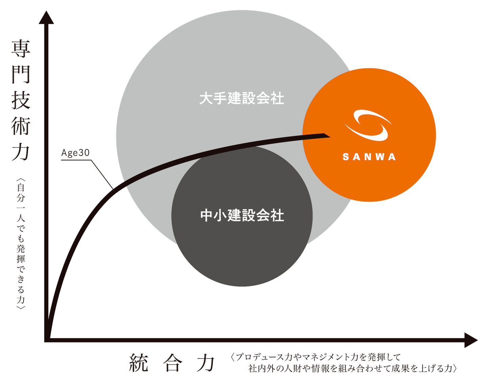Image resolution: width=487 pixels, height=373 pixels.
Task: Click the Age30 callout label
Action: click(x=75, y=153)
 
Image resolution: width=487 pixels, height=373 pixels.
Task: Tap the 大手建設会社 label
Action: click(x=241, y=98)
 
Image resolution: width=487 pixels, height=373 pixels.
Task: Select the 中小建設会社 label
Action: click(x=242, y=215)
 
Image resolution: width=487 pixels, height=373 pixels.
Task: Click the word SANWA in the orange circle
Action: click(x=369, y=157)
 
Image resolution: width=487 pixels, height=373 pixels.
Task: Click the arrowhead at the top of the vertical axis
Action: click(x=46, y=17)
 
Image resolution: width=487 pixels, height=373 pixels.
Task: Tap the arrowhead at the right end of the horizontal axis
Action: click(x=471, y=340)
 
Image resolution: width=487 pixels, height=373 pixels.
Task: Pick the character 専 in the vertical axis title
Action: click(x=21, y=49)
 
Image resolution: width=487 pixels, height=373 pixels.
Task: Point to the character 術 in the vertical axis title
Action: click(x=21, y=126)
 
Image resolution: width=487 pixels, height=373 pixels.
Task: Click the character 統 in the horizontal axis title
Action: click(x=139, y=363)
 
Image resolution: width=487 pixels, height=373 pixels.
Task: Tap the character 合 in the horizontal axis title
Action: click(x=172, y=363)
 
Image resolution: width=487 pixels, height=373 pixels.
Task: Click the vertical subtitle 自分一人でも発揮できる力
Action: click(x=21, y=243)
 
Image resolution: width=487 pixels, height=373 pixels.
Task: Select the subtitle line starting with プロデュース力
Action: click(x=316, y=357)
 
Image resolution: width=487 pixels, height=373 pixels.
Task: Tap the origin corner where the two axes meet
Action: click(x=47, y=340)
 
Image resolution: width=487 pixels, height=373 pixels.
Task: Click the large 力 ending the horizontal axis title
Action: click(x=206, y=363)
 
